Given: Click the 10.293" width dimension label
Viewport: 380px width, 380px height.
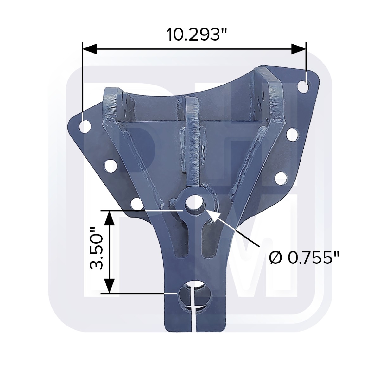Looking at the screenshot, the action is click(x=197, y=34).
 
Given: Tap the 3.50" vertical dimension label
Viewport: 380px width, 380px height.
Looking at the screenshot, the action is click(x=97, y=248).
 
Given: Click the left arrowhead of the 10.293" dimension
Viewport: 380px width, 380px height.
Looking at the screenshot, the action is click(x=90, y=49).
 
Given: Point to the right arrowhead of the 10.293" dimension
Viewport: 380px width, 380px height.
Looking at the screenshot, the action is click(x=298, y=49).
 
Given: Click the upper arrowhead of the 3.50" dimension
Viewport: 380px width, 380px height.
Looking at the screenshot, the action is click(x=110, y=218).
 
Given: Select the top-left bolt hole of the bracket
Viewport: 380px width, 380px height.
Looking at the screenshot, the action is click(x=85, y=126).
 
